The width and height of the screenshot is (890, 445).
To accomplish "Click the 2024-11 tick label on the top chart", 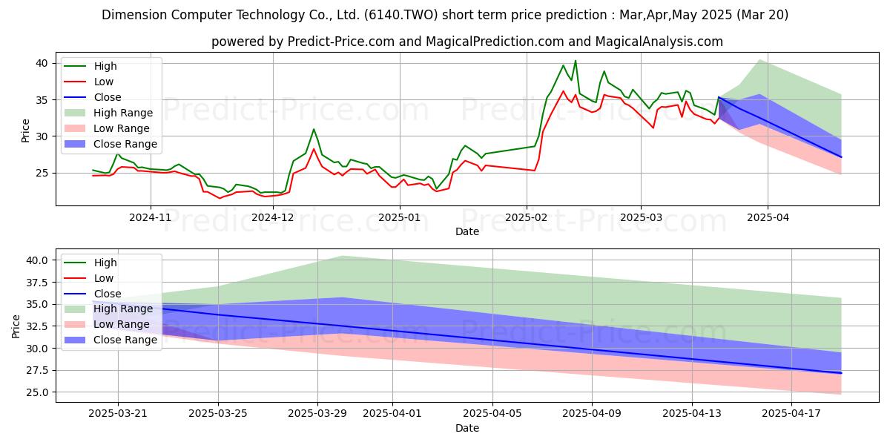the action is click(x=150, y=218).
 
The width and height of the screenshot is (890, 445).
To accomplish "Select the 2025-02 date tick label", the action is click(x=527, y=218).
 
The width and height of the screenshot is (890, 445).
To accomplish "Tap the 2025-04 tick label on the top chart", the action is click(x=768, y=218).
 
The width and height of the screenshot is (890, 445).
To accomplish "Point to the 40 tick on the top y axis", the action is click(x=42, y=64).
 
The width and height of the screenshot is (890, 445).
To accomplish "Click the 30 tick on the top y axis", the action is click(x=42, y=136).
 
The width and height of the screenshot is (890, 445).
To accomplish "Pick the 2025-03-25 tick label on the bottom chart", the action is click(x=218, y=414).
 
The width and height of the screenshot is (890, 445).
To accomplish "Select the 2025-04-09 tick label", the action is click(x=592, y=414).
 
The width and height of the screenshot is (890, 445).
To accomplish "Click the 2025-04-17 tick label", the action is click(x=791, y=414).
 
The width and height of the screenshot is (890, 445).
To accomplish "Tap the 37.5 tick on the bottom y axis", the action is click(x=37, y=283).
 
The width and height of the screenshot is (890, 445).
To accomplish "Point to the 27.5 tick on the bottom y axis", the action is click(x=37, y=371).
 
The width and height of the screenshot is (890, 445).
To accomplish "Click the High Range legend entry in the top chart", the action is click(x=108, y=113).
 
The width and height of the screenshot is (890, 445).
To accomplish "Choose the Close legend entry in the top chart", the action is click(x=93, y=97).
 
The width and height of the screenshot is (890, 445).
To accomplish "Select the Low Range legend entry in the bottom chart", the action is click(x=107, y=324).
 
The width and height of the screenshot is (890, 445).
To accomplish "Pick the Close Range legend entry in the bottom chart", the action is click(x=111, y=340).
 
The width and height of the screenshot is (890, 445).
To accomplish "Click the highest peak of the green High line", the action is click(x=576, y=61).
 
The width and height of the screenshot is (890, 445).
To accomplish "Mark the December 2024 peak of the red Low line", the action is click(x=314, y=149).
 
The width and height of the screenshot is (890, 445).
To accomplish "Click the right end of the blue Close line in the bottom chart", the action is click(x=841, y=373).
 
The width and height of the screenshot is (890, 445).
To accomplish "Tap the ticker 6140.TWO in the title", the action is click(x=401, y=15).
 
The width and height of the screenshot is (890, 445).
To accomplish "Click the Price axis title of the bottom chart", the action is click(x=16, y=326).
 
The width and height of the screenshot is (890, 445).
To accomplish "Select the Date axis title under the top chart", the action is click(x=467, y=231).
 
